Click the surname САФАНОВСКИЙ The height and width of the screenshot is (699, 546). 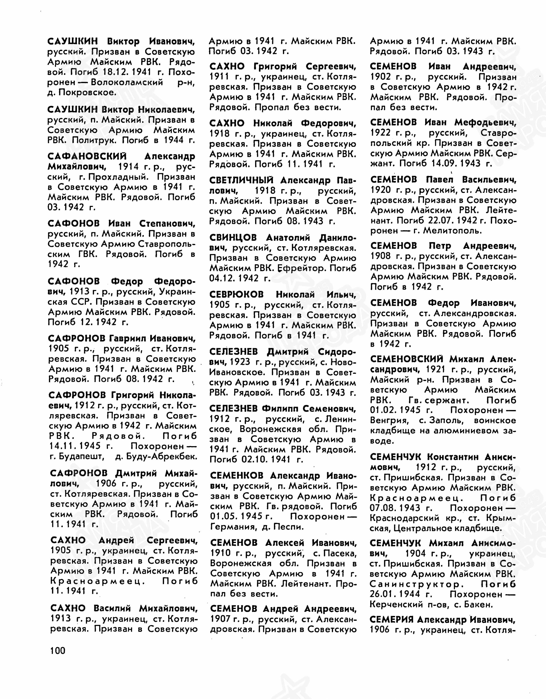87,157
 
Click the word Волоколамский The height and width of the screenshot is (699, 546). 127,82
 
